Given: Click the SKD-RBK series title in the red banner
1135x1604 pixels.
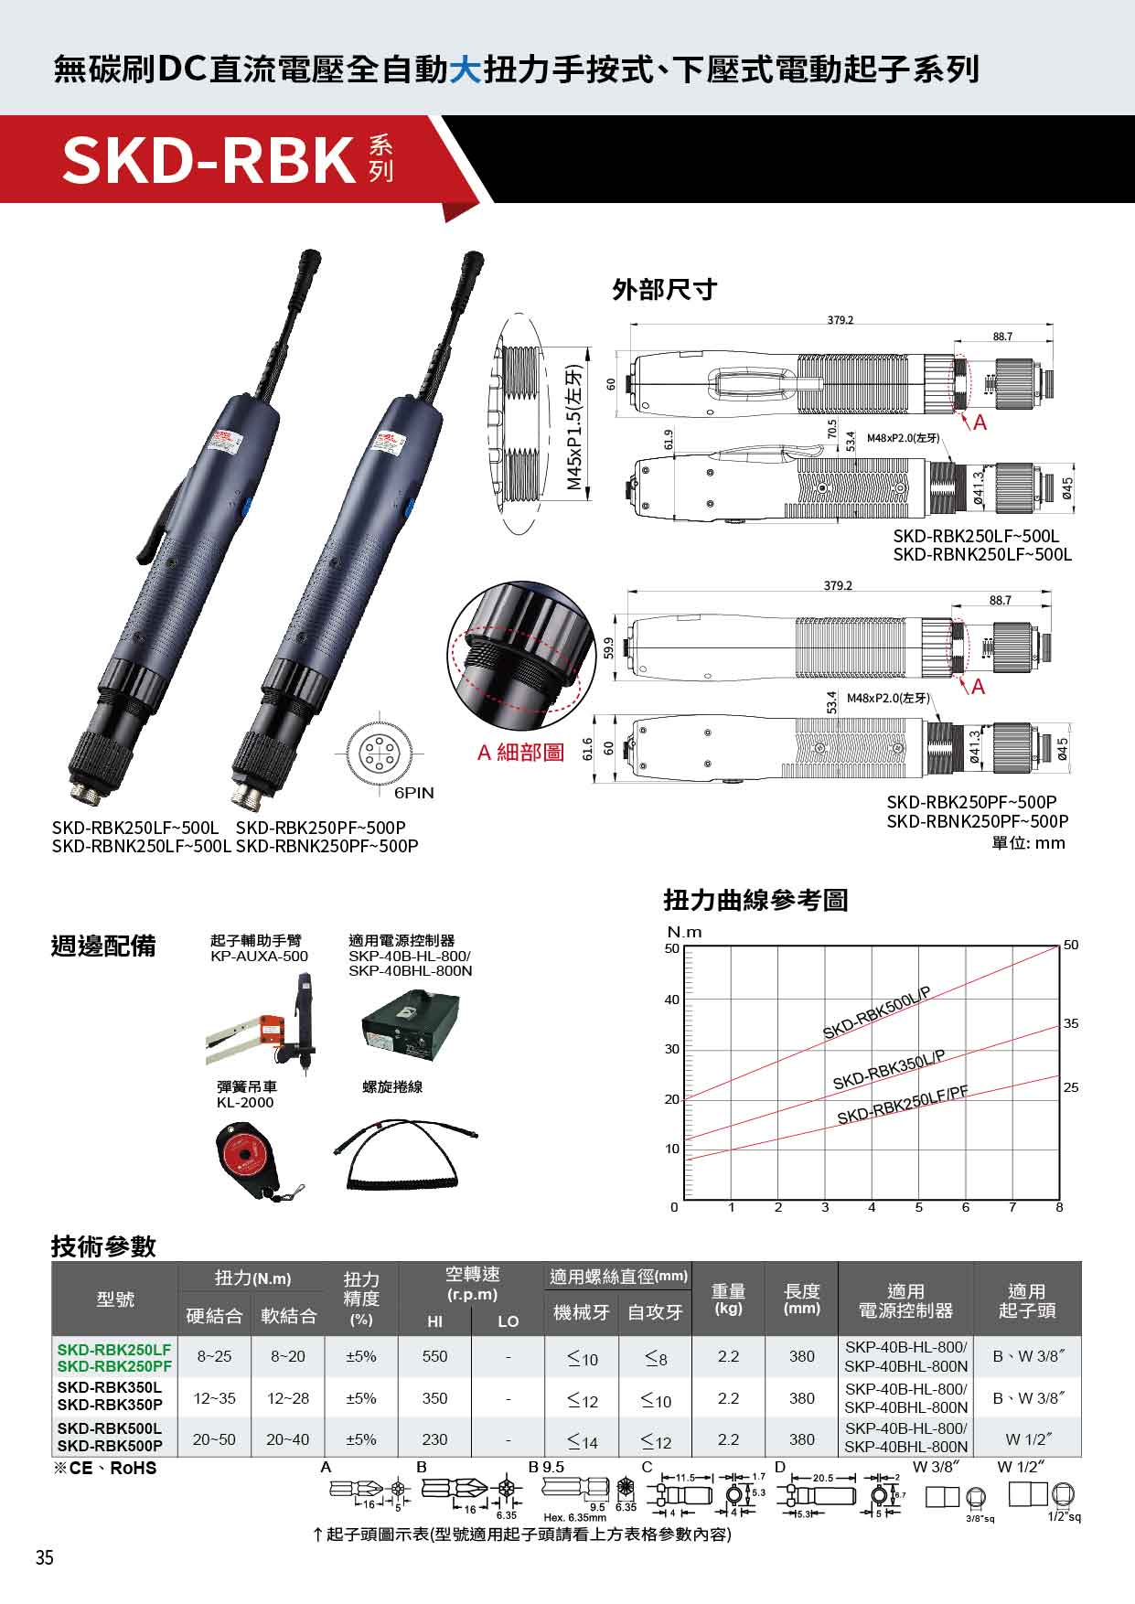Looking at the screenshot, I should coord(209,159).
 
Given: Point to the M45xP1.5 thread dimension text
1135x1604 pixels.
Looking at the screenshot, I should coord(573,427).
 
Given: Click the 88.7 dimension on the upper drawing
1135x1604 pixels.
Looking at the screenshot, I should coord(1002,337).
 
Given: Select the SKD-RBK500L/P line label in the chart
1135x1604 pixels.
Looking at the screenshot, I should coord(875,1013).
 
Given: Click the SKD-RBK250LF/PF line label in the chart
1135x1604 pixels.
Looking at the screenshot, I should coord(902,1104).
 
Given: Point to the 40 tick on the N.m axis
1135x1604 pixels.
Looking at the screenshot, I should coord(672,1000).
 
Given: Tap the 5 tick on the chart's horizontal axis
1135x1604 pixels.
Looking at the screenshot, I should coord(918,1207).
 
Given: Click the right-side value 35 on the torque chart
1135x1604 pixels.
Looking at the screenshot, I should coord(1071,1023).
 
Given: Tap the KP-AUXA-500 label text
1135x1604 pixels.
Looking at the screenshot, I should coord(259,956).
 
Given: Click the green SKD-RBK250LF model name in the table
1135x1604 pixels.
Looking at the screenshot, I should coord(114,1349).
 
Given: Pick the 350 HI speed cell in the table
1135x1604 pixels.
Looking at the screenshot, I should coord(434,1398).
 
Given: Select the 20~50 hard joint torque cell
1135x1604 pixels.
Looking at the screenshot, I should coord(214,1439).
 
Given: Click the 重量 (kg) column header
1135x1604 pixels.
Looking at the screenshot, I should coord(728,1299).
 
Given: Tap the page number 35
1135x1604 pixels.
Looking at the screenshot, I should coord(44,1558).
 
